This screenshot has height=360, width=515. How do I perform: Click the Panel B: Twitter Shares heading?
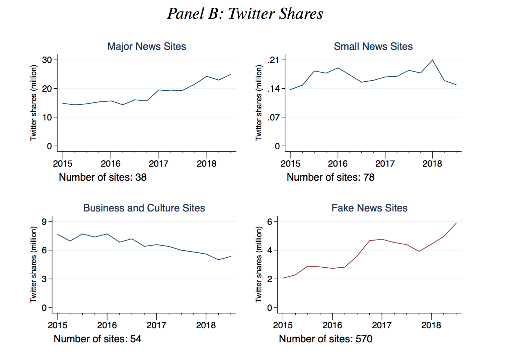coord(245,14)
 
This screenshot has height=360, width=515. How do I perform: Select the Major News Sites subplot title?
coord(147,47)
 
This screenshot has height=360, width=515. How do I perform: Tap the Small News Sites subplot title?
coord(373,47)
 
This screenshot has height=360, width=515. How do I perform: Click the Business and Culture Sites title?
coord(144,208)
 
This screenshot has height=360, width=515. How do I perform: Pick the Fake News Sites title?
coord(369,208)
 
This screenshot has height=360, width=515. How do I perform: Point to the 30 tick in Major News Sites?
coord(47,60)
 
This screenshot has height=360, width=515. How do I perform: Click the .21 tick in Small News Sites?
coord(274,60)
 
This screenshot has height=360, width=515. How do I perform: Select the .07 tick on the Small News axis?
coord(274,117)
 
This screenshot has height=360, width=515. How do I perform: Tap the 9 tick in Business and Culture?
coord(45,221)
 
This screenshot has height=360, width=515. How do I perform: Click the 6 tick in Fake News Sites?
coord(270,221)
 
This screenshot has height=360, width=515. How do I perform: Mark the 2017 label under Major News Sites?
coord(158,164)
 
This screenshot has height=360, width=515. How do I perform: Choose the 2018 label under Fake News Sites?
coord(431,325)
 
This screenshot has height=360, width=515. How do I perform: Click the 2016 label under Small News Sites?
coord(338,164)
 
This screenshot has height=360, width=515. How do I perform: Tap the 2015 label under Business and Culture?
coord(58,325)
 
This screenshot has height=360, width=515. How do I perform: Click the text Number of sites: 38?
coord(102,177)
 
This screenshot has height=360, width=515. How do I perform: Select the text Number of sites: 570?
coord(325,339)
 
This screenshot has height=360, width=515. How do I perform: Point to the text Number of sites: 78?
coord(330,177)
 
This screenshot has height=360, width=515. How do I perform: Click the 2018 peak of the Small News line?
coord(432,60)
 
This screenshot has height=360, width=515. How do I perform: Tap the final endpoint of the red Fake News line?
coord(456,223)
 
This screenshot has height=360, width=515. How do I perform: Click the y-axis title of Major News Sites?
coord(33,103)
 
